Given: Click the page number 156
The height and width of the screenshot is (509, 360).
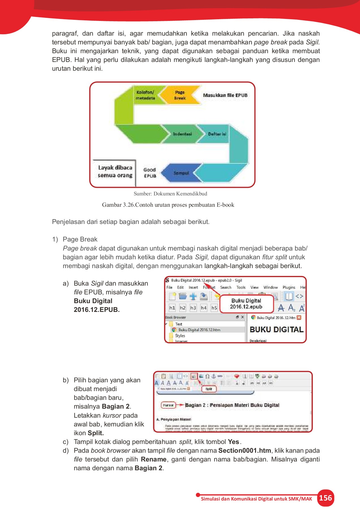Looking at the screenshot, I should coord(325,498).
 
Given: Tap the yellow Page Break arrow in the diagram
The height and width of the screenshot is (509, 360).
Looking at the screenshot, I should coord(179,95).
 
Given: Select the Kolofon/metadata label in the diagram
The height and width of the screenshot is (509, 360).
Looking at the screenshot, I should coord(145,95).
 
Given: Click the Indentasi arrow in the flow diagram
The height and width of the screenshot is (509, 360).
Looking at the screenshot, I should coord(182,134).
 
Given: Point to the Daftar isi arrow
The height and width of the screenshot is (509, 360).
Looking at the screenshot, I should coord(217,134).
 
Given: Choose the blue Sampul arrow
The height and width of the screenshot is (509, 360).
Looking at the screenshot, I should coord(181,173).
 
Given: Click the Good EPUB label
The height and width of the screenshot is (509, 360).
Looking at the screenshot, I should coord(150,173).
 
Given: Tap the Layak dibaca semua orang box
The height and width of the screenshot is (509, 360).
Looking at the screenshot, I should coord(115,172).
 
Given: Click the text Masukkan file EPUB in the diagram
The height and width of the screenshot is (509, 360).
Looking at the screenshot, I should coord(225,95).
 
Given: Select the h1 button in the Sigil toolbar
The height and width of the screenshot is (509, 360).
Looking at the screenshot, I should coord(172,308).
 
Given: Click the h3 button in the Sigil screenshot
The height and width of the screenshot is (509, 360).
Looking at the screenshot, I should coord(193,308).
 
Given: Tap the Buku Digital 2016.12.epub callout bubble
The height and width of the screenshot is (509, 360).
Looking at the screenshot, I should coord(246,304).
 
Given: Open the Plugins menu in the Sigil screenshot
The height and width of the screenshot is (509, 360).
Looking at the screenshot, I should coord(289,287).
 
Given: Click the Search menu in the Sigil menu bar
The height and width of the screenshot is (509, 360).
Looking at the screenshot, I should coord(226,287).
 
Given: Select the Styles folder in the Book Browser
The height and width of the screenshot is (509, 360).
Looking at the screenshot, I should coord(180,336).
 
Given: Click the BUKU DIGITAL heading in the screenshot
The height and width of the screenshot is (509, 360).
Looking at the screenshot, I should coord(277,330).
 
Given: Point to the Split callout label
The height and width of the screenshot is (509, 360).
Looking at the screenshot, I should coord(209,389).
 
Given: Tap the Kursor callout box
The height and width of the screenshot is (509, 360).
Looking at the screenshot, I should coord(168,405).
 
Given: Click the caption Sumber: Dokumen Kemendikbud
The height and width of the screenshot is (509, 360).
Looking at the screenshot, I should coord(170,194).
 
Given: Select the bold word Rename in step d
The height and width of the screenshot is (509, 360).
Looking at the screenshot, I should coord(154,459).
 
